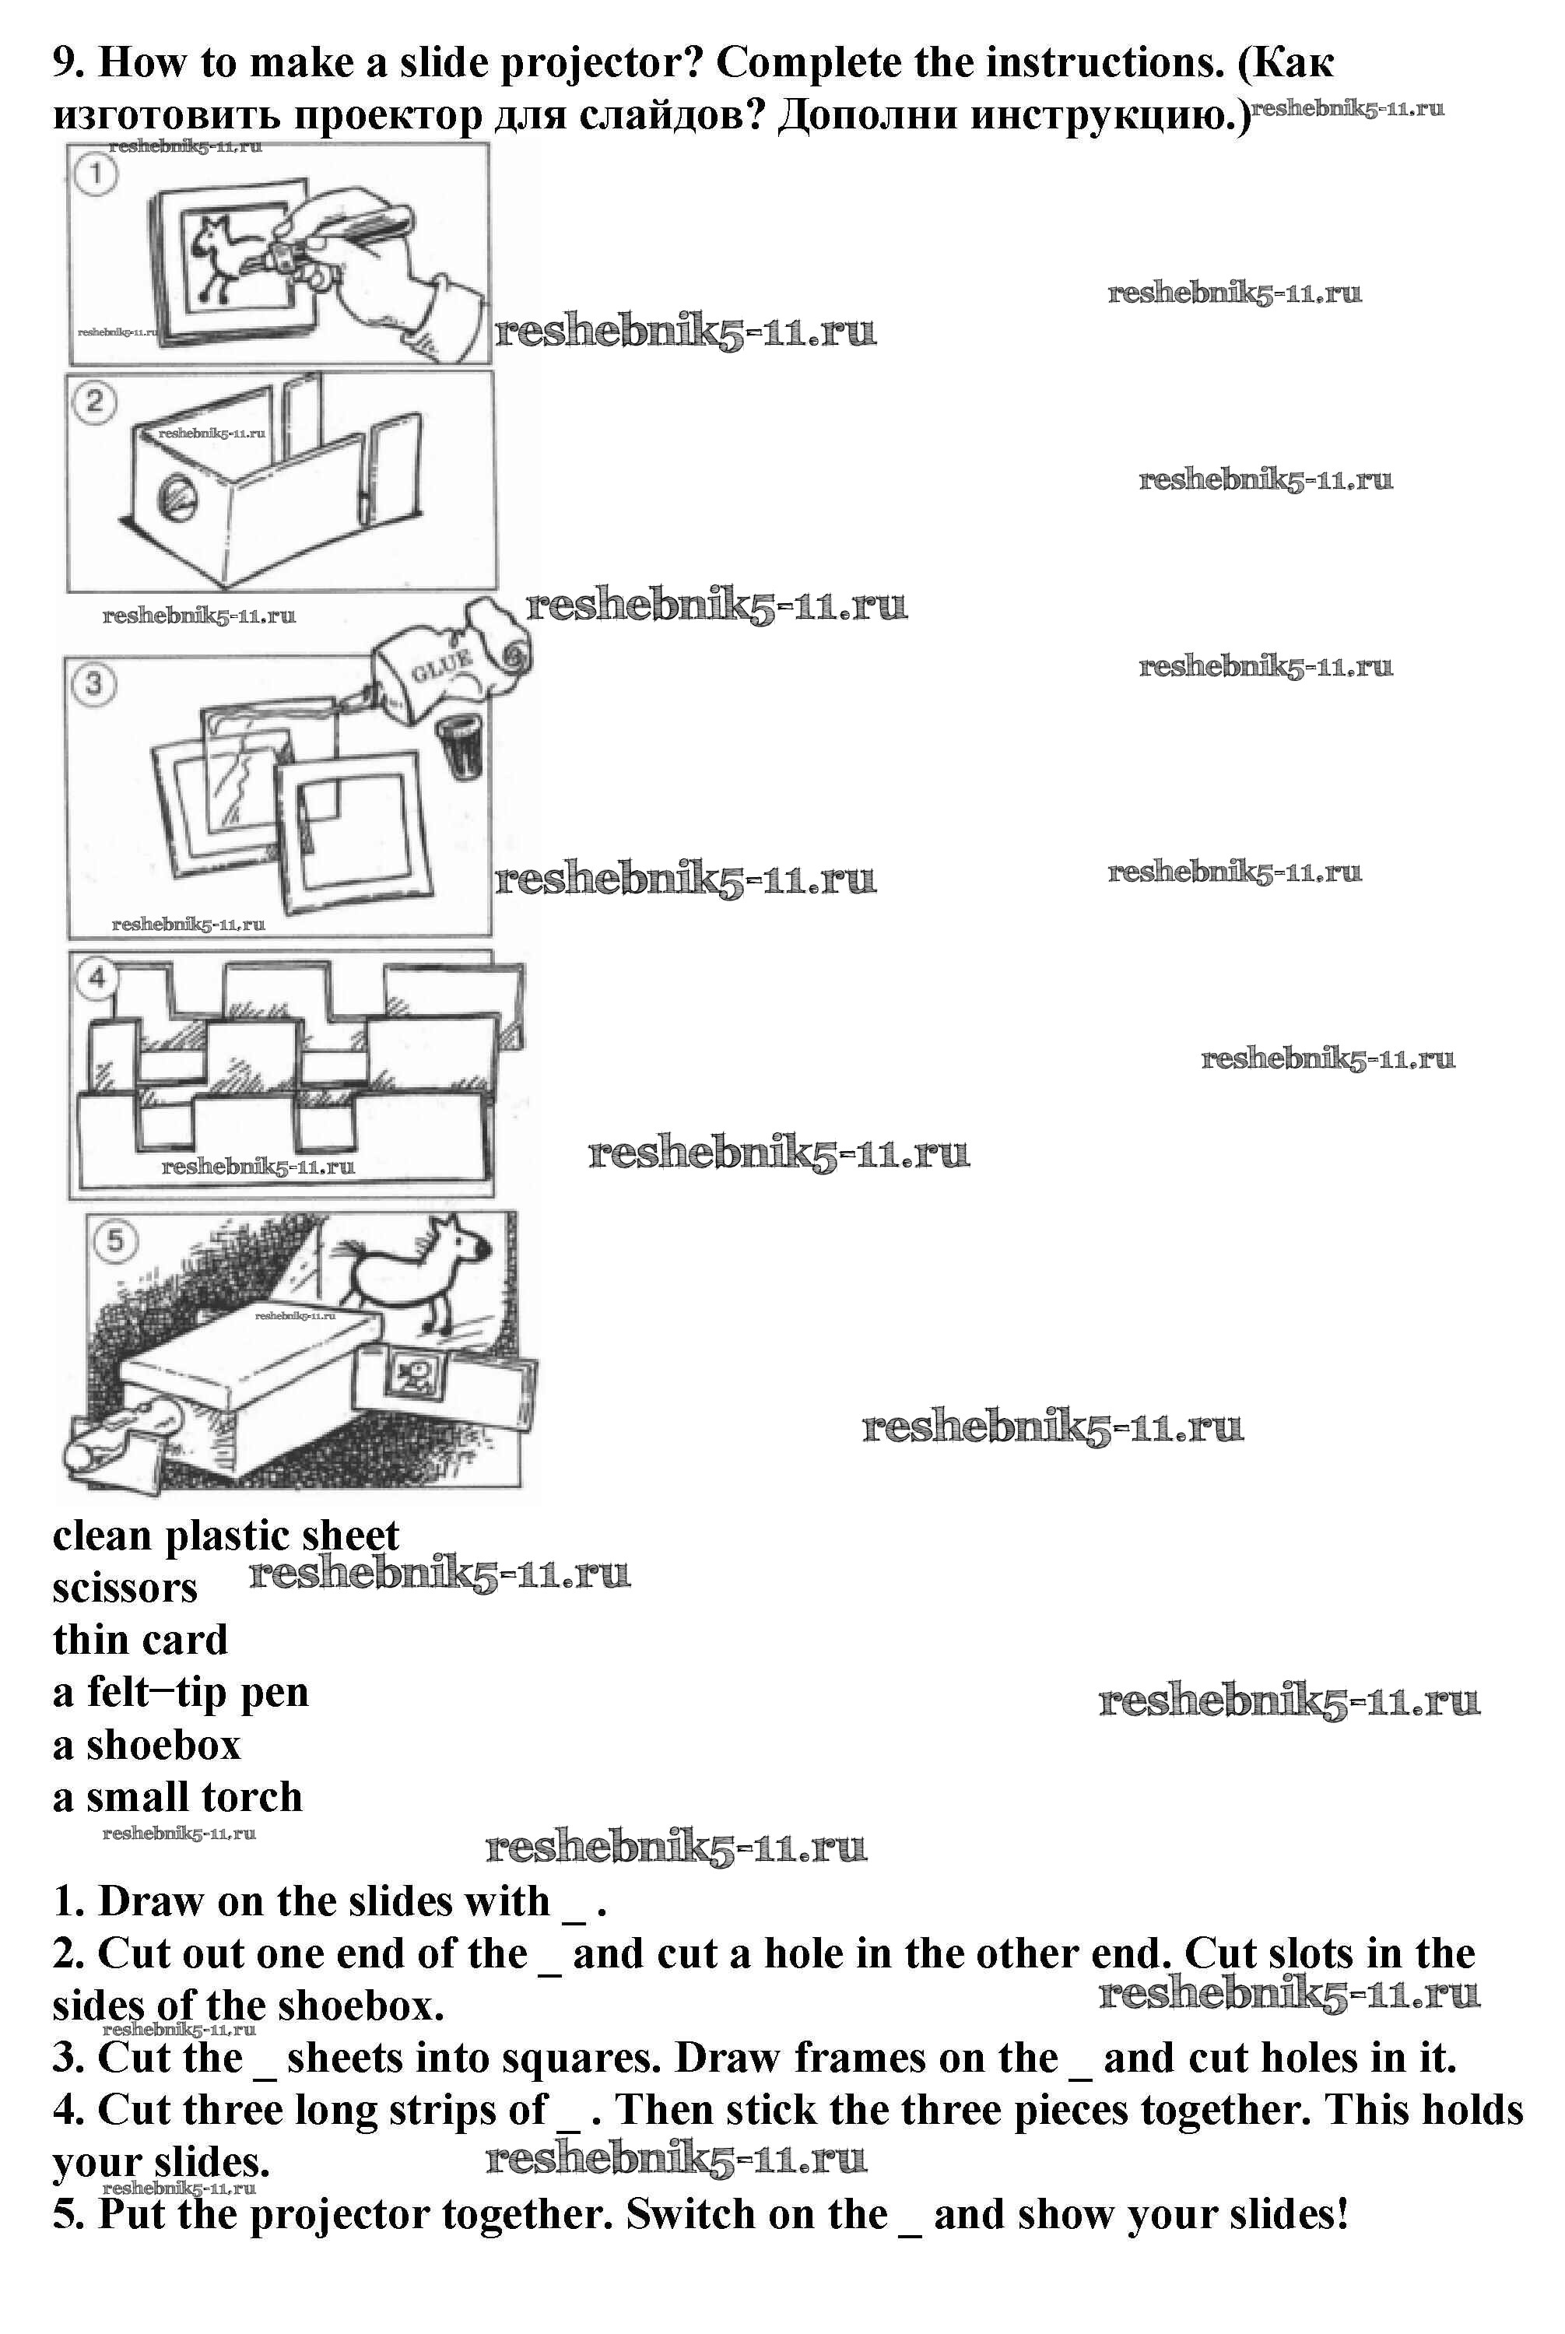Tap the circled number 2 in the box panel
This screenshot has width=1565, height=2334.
click(95, 402)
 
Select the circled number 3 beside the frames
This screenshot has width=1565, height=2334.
click(94, 685)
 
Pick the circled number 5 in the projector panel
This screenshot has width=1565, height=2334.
click(116, 1241)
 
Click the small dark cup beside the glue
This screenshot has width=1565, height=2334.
click(460, 745)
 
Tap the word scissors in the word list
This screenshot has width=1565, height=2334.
click(125, 1588)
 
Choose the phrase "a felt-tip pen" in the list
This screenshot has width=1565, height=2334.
click(181, 1693)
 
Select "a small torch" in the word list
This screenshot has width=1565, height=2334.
click(177, 1797)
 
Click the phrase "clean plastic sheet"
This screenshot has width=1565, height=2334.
click(226, 1536)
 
